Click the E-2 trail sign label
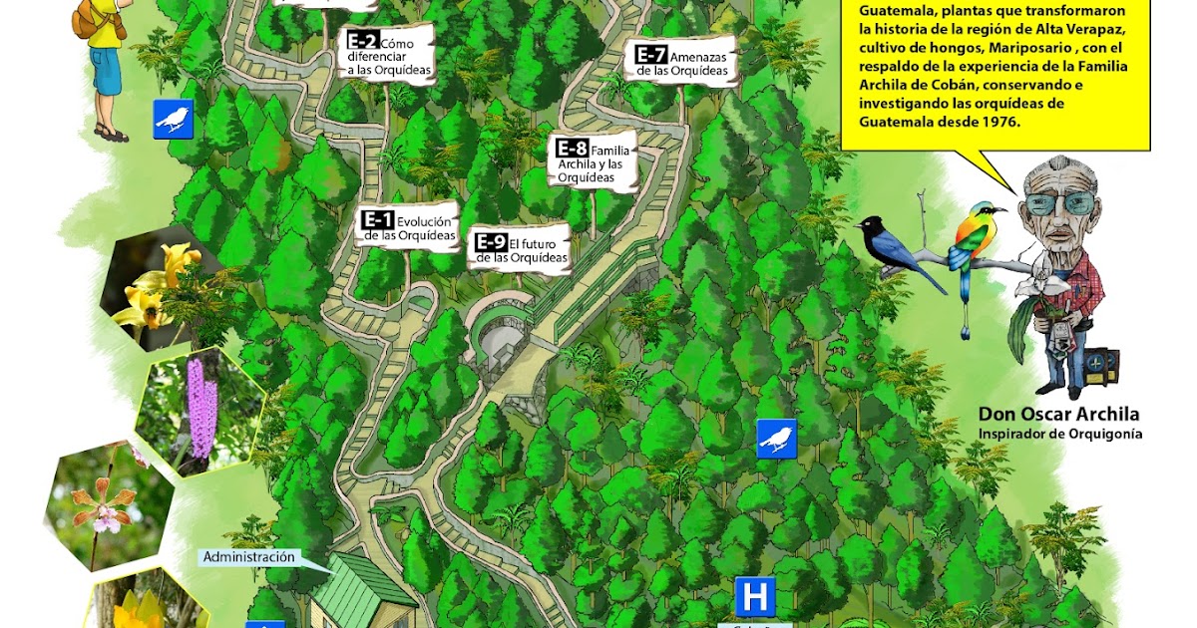pos(390,55)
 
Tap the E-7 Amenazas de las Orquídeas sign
pos(682,63)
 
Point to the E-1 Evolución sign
pos(408,228)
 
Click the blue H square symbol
pos(755,597)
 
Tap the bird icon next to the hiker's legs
pos(173,120)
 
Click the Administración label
pos(249,557)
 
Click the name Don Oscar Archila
pos(1058,415)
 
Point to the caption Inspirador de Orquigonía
pos(1059,434)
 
